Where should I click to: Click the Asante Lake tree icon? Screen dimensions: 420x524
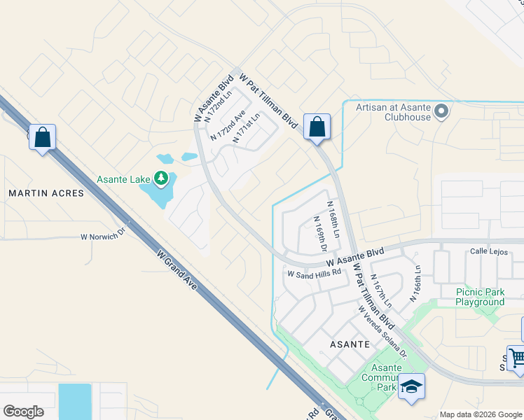tap(162, 179)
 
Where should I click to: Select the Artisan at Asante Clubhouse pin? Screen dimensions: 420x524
tap(442, 111)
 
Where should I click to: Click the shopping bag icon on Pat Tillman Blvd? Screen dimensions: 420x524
tap(317, 128)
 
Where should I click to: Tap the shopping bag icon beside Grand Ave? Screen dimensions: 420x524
tap(42, 138)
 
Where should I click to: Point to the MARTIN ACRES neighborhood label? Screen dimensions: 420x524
tap(46, 192)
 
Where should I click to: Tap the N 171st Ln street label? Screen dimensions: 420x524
tap(246, 128)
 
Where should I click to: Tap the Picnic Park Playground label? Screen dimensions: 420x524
tap(480, 297)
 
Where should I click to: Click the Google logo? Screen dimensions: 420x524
tap(24, 412)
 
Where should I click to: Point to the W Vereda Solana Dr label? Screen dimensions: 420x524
tap(382, 331)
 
